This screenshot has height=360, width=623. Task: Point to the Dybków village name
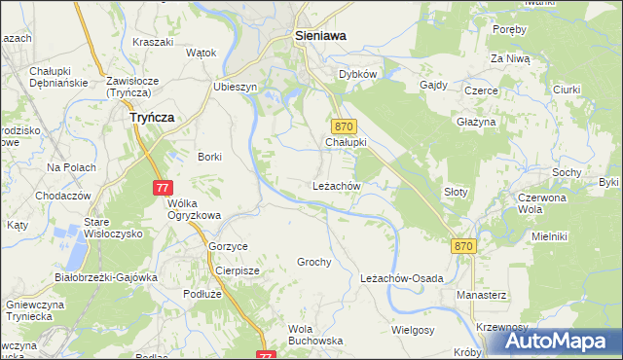point(357,74)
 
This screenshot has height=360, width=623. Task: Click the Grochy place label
point(314,262)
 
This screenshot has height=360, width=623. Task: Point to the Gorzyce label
point(229,246)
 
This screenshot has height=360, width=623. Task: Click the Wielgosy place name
point(413,330)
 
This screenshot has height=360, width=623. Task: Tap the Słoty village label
point(456,192)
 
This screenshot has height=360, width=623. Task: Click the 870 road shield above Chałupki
point(345,126)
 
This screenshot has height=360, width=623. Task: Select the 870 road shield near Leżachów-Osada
point(463,247)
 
